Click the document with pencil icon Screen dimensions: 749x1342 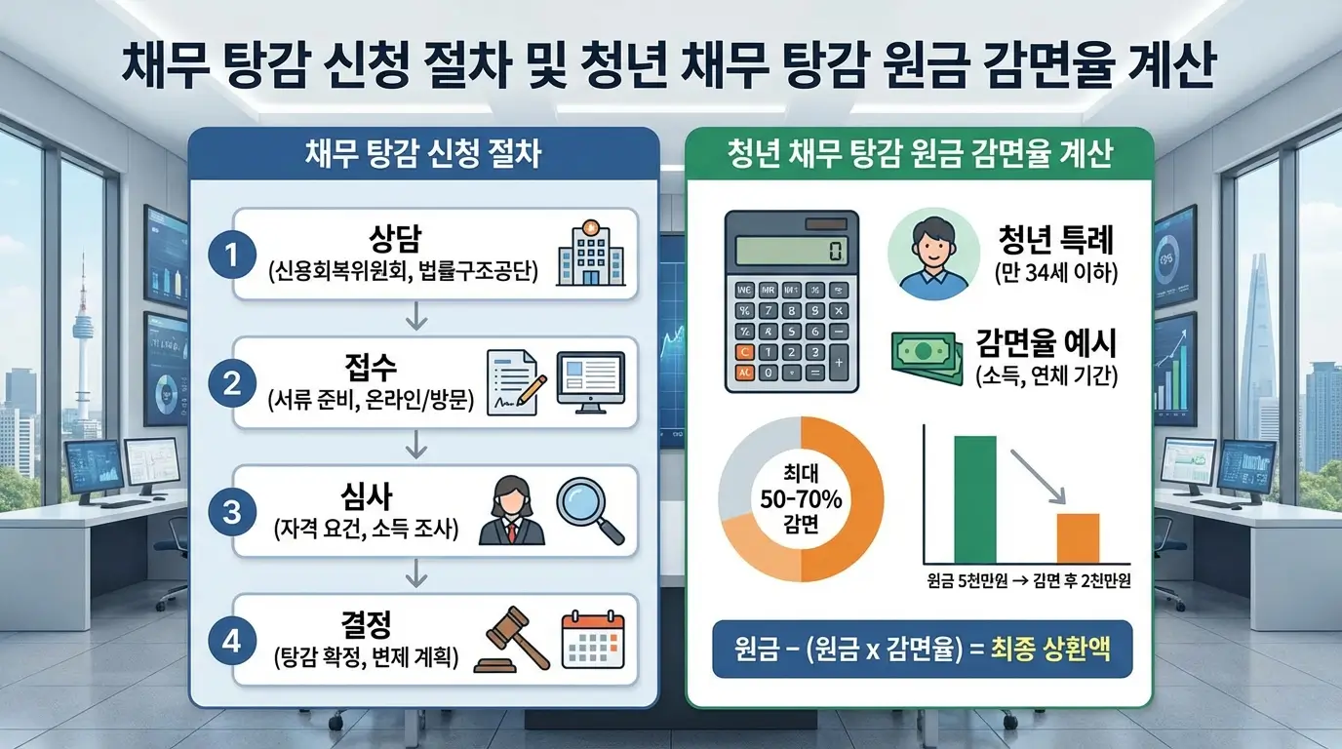pos(511,381)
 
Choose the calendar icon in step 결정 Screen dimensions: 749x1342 pos(593,640)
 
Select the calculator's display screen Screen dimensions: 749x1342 pos(791,252)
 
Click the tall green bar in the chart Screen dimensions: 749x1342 pos(974,499)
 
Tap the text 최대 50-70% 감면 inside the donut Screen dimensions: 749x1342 pos(801,498)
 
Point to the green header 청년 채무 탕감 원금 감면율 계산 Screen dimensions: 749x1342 pos(920,156)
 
